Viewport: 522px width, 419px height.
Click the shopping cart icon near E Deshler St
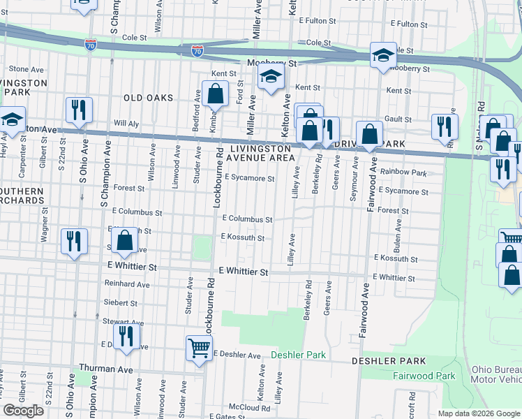tap(200, 347)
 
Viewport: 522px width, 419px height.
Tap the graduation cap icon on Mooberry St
tap(382, 57)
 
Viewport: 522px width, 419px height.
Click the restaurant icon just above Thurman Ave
tap(126, 337)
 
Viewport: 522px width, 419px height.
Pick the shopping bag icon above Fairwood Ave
tap(369, 134)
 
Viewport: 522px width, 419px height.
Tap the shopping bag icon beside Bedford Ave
tap(216, 94)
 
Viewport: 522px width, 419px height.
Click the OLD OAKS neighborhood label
tap(148, 98)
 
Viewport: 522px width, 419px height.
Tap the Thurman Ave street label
tap(105, 369)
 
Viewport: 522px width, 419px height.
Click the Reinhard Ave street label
tap(127, 284)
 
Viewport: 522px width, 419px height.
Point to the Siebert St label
tap(120, 303)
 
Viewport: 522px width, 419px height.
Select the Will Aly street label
tap(126, 123)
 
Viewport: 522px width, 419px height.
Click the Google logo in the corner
tap(24, 410)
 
